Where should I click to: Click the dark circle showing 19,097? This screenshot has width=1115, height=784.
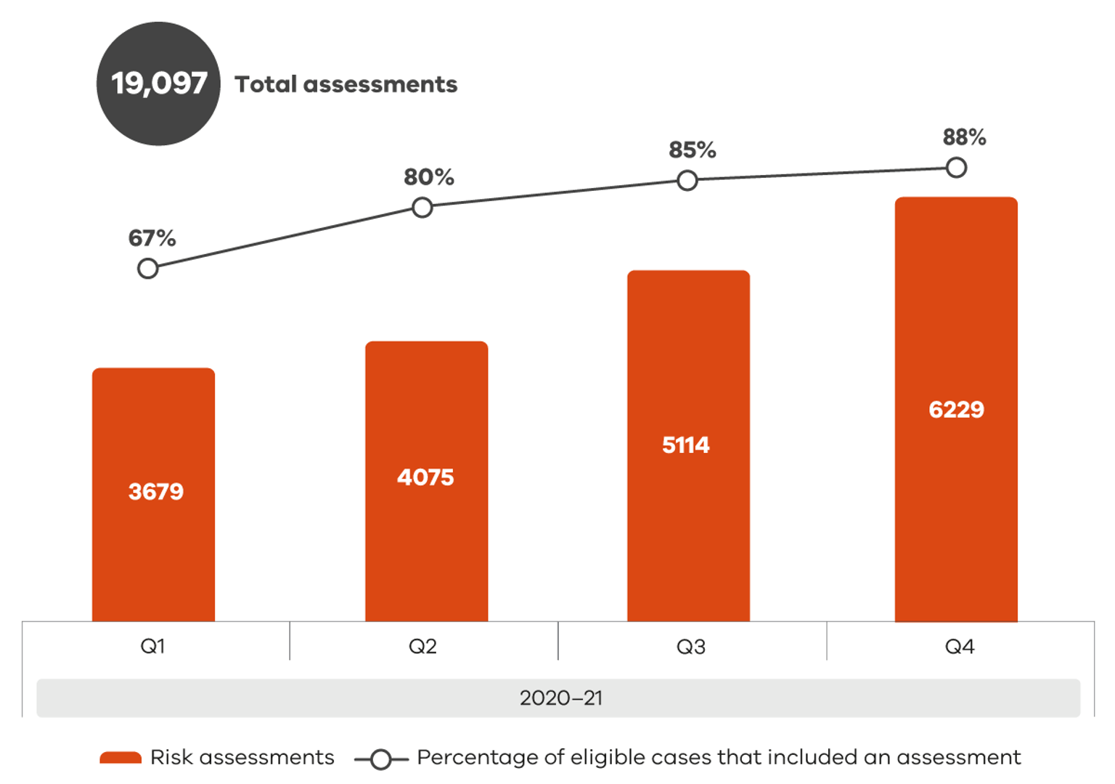(158, 83)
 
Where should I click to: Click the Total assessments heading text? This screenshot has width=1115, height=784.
(346, 84)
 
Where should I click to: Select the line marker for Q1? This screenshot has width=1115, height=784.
(148, 269)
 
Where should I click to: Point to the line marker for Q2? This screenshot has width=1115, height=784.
(422, 208)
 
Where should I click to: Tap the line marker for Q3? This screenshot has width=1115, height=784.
(687, 181)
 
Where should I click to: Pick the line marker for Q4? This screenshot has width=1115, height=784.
(957, 168)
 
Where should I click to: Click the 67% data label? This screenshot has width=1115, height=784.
(152, 238)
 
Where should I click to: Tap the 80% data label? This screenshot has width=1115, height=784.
(429, 176)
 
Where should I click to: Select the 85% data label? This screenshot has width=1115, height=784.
(692, 150)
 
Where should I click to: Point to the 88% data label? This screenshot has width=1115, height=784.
(964, 136)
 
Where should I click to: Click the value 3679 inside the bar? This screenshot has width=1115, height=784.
(156, 491)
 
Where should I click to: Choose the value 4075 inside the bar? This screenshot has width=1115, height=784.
(425, 477)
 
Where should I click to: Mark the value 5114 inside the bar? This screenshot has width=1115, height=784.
(686, 445)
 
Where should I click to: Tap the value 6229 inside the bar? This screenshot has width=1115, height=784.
(956, 409)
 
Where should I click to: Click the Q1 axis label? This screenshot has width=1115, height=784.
(152, 646)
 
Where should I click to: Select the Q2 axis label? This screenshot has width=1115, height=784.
(422, 646)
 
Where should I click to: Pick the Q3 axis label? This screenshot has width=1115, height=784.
(691, 646)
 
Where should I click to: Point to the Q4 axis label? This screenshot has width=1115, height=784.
(960, 646)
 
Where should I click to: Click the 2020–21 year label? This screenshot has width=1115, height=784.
(560, 698)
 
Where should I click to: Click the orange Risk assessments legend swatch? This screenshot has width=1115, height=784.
(121, 758)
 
